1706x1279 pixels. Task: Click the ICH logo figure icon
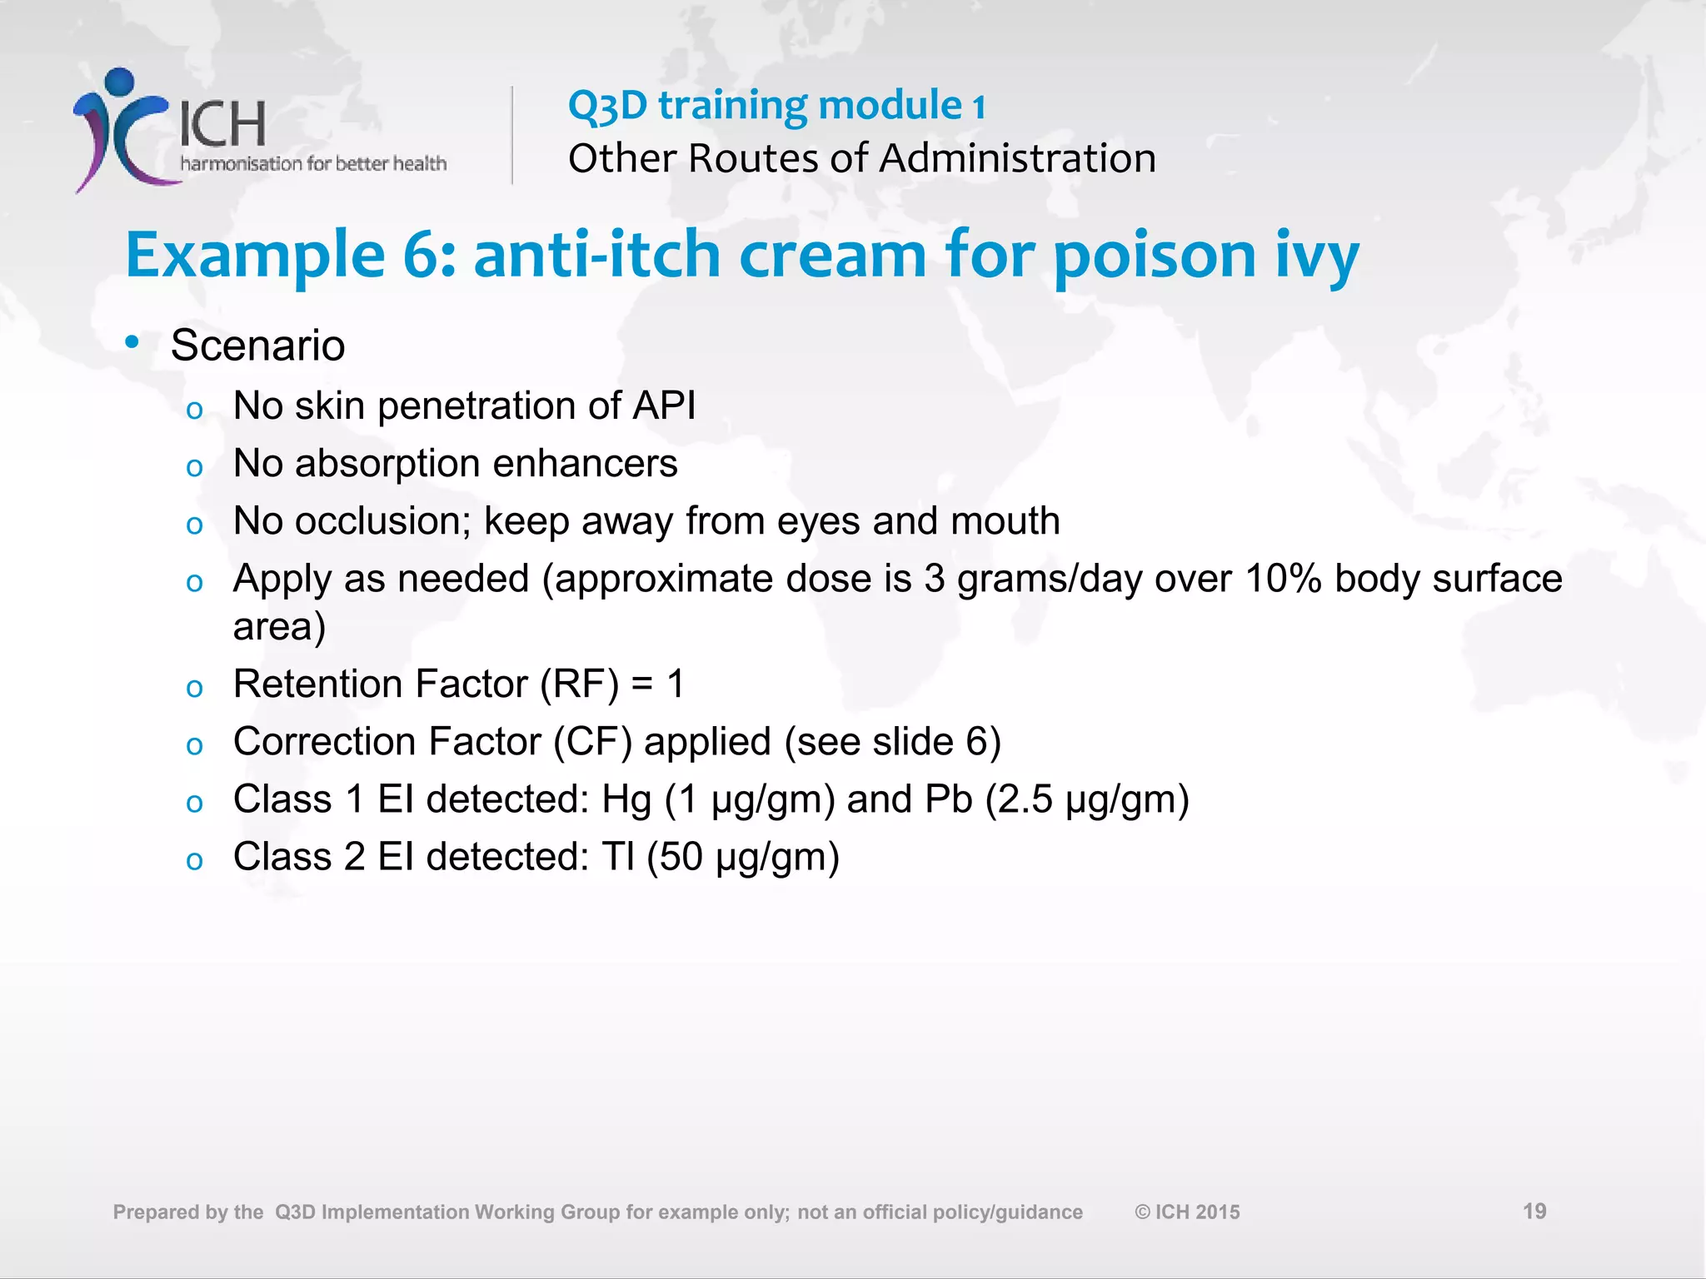click(121, 129)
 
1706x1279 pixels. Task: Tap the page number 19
click(1534, 1211)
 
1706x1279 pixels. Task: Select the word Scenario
click(257, 346)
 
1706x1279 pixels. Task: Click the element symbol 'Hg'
click(626, 800)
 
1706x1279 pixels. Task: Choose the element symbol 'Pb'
click(949, 799)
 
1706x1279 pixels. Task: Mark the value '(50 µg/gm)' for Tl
click(743, 858)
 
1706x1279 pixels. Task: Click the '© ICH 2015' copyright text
click(1187, 1212)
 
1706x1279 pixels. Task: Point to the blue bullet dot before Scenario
click(132, 342)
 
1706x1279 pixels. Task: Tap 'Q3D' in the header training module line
click(607, 107)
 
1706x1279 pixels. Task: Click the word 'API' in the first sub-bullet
click(664, 406)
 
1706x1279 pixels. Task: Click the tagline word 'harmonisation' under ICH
click(241, 164)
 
